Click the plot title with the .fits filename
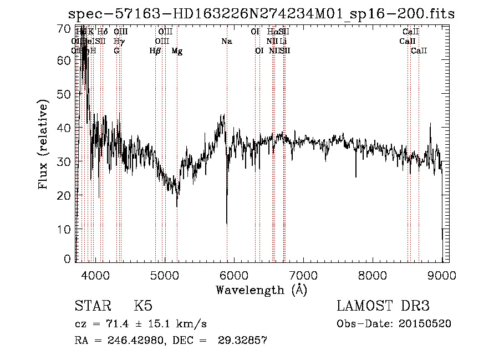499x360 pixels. [x=261, y=14]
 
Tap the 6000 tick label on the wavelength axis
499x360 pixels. [x=233, y=275]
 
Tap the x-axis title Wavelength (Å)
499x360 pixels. [x=261, y=290]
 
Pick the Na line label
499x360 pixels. [x=226, y=42]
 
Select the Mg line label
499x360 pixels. [x=177, y=51]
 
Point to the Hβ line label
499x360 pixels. [x=155, y=51]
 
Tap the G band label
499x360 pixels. [x=116, y=51]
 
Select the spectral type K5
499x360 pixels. [x=143, y=306]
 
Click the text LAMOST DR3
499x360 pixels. [x=383, y=306]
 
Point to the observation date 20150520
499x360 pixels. [x=428, y=324]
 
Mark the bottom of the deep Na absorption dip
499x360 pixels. [x=226, y=224]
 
